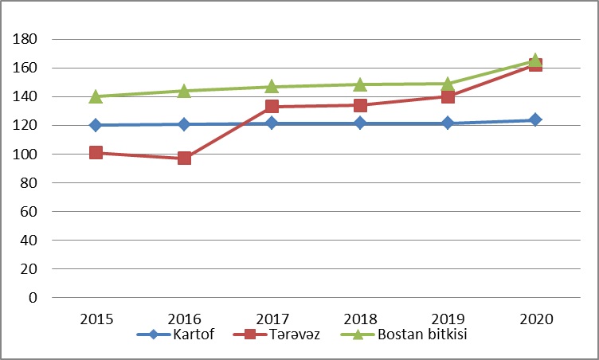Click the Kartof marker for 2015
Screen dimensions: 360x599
pos(96,125)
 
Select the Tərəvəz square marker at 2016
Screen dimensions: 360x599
pos(184,158)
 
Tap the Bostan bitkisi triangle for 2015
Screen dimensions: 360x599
pos(96,96)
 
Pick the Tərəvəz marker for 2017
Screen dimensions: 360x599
pos(272,106)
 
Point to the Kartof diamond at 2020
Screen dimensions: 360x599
pos(535,119)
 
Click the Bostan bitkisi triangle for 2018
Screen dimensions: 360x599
pos(360,84)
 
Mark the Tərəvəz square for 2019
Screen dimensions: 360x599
pos(448,96)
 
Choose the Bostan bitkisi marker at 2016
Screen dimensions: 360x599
pos(184,91)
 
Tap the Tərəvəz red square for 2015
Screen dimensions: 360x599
pos(96,152)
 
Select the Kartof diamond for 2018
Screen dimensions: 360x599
pos(360,123)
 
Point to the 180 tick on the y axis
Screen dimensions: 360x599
pos(27,39)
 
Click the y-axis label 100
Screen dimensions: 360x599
pos(27,154)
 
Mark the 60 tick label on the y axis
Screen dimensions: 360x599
pos(30,211)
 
